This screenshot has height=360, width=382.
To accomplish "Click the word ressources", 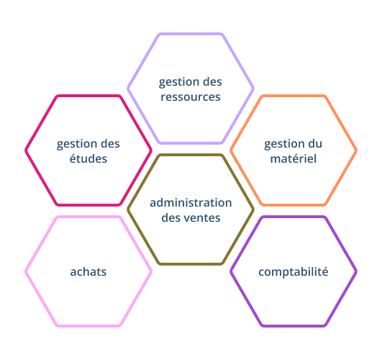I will (x=191, y=96).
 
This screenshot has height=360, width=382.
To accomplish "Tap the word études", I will (x=88, y=158).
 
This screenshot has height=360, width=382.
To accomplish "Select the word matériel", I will (x=294, y=158).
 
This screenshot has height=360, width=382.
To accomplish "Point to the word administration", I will (x=191, y=203).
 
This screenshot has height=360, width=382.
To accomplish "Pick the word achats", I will (x=88, y=271).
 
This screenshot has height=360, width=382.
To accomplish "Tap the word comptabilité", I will (x=294, y=271).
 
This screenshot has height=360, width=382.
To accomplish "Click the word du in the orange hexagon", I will (x=314, y=144).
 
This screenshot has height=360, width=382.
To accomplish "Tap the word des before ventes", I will (x=172, y=217).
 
